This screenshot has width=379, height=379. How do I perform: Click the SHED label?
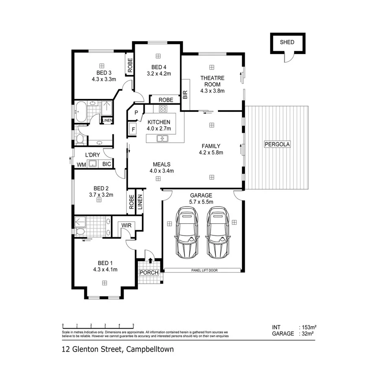pos(287,42)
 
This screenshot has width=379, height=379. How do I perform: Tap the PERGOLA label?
pos(278,144)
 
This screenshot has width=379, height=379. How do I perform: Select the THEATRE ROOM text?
pos(212,81)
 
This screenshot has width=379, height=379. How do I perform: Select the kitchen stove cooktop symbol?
pos(163,109)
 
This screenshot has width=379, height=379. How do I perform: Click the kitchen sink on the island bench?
pos(163,139)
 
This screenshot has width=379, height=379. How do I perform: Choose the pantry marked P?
pos(136,112)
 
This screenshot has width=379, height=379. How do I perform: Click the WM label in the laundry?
pos(81,164)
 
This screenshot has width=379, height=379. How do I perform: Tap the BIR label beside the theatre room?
pos(185,95)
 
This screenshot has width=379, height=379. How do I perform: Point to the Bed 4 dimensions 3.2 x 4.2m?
pos(158,74)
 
